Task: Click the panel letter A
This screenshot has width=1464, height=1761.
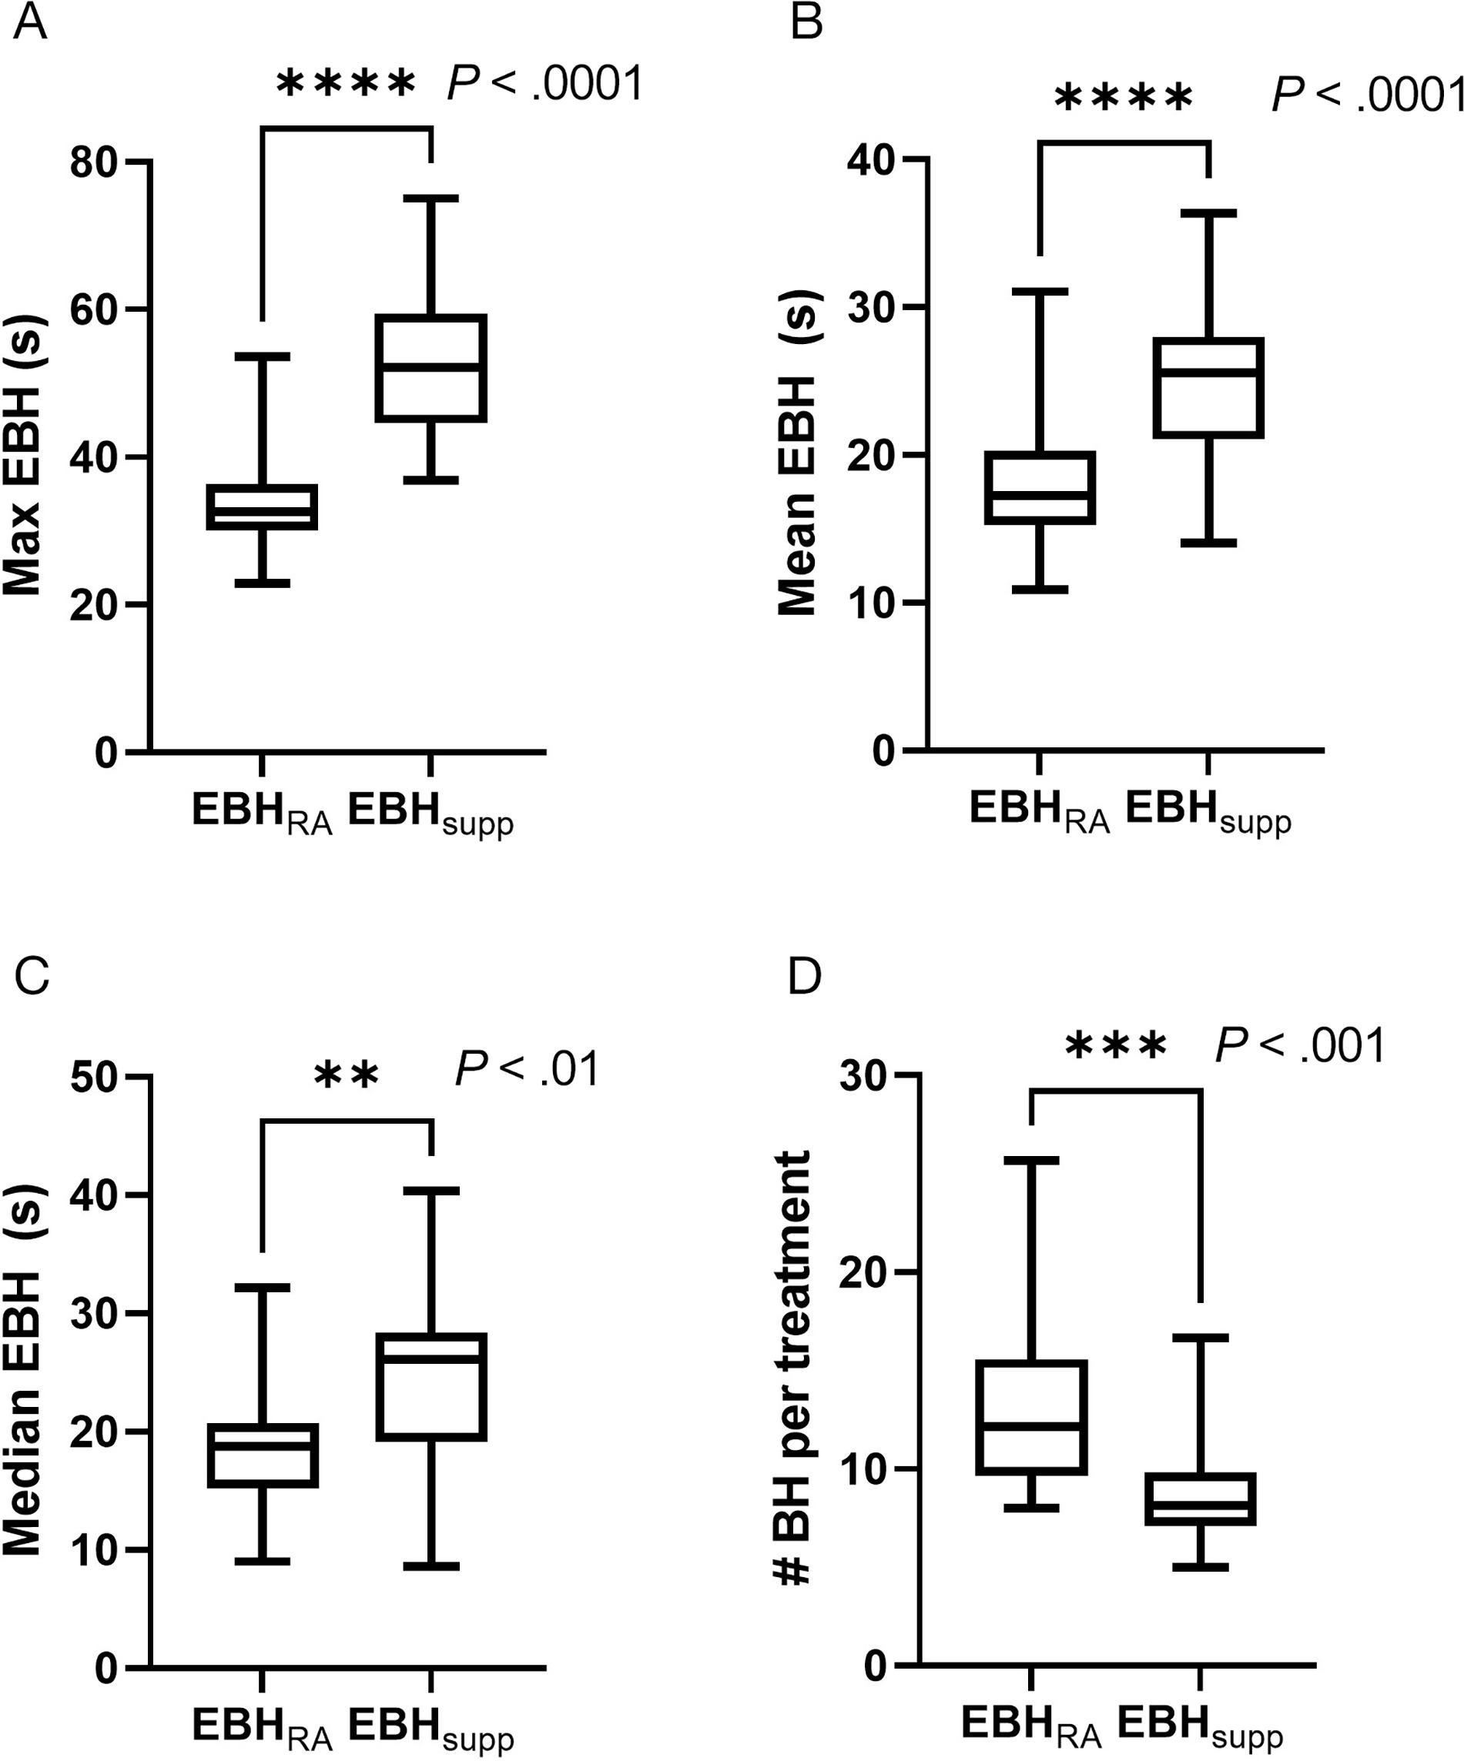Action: tap(30, 24)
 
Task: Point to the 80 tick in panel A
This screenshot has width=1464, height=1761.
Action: tap(94, 162)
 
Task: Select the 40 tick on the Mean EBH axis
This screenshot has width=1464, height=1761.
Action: tap(871, 159)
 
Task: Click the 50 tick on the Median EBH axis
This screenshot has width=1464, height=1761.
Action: tap(94, 1077)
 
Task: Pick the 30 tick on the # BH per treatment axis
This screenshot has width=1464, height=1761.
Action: tap(864, 1075)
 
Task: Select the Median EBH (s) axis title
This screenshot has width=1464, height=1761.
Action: tap(24, 1371)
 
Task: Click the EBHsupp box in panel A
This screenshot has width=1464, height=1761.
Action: tap(430, 367)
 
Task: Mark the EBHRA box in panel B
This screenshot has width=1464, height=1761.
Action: tap(1040, 488)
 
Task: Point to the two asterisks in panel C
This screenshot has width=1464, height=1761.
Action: tap(347, 1076)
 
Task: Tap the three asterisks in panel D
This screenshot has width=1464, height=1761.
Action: tap(1115, 1047)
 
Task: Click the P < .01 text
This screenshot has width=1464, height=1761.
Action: tap(527, 1070)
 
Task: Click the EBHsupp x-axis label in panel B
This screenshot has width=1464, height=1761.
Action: tap(1208, 812)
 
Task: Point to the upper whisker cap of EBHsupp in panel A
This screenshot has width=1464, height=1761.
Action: tap(430, 199)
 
